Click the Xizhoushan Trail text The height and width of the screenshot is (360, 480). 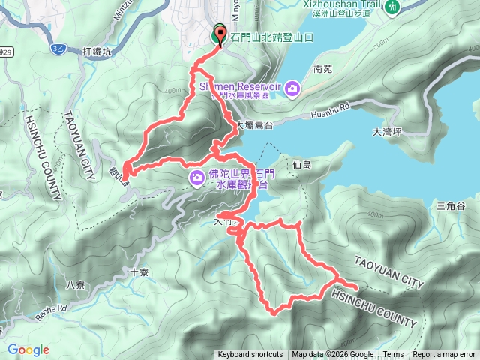(x=344, y=4)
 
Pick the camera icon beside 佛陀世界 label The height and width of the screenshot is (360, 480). (x=196, y=178)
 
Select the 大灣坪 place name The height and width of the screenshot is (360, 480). (x=387, y=132)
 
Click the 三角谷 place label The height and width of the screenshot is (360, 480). (x=451, y=206)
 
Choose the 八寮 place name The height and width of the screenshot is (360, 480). (x=76, y=284)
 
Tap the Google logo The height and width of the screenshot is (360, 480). (x=28, y=349)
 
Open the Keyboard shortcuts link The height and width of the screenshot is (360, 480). (x=250, y=355)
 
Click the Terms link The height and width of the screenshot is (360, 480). (x=393, y=355)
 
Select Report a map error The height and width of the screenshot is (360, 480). (x=444, y=355)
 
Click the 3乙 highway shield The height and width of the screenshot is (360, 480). (x=58, y=48)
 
